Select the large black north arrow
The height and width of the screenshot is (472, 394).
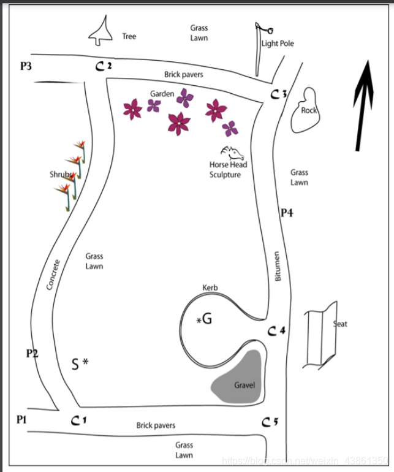point(365,104)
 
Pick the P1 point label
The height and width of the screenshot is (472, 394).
point(22,419)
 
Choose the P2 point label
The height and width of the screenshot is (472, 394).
point(32,354)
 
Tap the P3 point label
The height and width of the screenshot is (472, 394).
point(26,66)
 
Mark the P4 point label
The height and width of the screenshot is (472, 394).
point(287,213)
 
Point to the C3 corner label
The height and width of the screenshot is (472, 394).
point(279,94)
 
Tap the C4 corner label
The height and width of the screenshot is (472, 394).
point(278,331)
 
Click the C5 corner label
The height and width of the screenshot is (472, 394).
point(270,422)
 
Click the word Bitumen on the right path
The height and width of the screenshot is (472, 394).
point(277,267)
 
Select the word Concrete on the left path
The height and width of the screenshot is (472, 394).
point(54,275)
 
